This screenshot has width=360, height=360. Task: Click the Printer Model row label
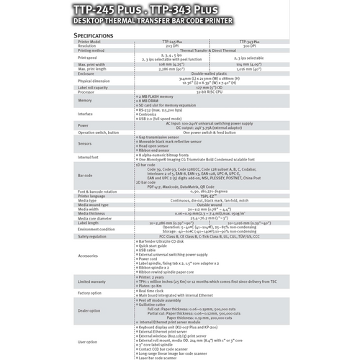tap(91, 42)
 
